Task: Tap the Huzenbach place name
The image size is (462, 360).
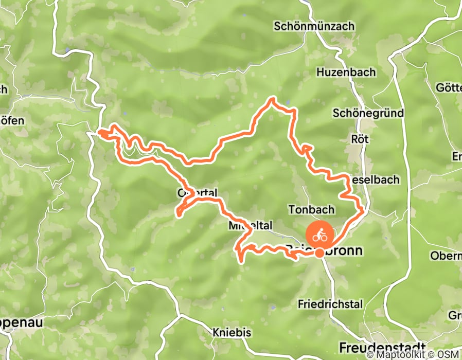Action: pyautogui.click(x=346, y=73)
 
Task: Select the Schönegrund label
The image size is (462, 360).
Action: pyautogui.click(x=368, y=113)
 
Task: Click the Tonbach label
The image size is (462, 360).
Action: pyautogui.click(x=311, y=210)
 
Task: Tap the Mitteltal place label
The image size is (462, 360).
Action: pyautogui.click(x=249, y=226)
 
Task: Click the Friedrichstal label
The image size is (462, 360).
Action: pyautogui.click(x=330, y=304)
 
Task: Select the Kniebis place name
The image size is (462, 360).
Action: pyautogui.click(x=232, y=333)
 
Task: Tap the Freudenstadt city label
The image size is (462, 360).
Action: pyautogui.click(x=383, y=346)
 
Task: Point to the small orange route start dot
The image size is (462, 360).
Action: pyautogui.click(x=319, y=253)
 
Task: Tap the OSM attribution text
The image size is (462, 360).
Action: pyautogui.click(x=449, y=355)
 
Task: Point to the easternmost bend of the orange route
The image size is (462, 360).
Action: pyautogui.click(x=363, y=210)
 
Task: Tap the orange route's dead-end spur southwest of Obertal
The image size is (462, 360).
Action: pyautogui.click(x=178, y=213)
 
